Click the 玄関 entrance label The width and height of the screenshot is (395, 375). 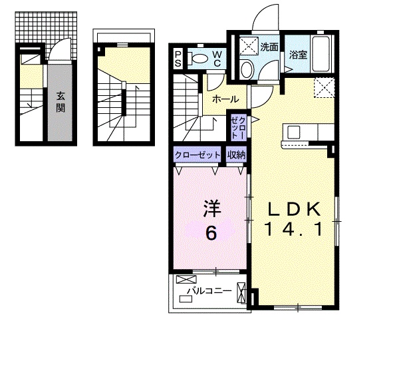(61, 102)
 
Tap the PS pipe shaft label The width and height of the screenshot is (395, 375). (178, 59)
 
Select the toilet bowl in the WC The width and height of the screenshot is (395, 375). (198, 59)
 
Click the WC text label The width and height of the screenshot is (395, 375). (217, 59)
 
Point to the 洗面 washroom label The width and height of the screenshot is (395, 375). (269, 47)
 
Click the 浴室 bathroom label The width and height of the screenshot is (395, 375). (298, 55)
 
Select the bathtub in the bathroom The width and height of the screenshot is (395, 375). (321, 54)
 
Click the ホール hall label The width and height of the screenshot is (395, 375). (225, 99)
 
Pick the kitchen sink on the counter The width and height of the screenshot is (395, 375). (294, 131)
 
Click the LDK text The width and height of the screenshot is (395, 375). (294, 209)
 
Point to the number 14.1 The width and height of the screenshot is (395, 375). (293, 229)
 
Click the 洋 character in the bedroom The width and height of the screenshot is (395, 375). (212, 208)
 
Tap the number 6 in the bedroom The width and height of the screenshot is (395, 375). (211, 233)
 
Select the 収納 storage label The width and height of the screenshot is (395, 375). (236, 155)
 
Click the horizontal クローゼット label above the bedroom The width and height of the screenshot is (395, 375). (197, 155)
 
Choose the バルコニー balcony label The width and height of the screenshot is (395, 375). (209, 291)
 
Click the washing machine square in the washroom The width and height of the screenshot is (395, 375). (249, 46)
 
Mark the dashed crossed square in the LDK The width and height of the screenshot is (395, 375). (325, 87)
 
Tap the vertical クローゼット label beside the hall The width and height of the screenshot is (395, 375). (238, 128)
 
